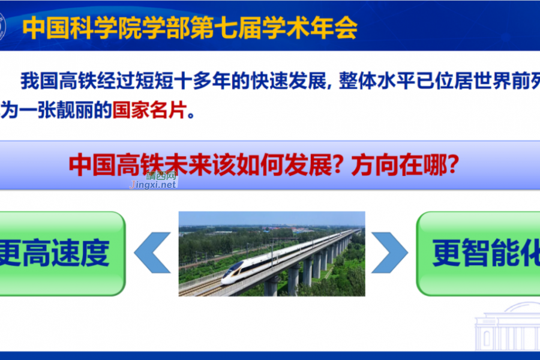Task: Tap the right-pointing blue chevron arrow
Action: [389, 253]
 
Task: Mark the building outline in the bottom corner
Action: [507, 327]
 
